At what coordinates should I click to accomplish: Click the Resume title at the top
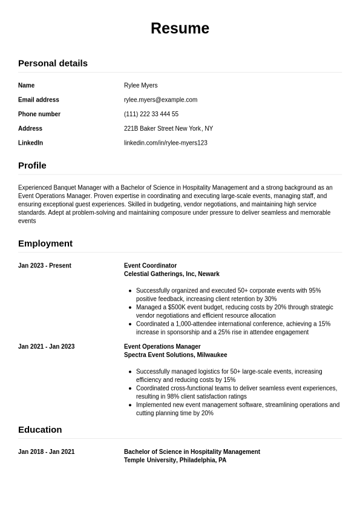coord(180,28)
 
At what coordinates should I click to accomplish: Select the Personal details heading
coord(53,63)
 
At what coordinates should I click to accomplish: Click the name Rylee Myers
coord(140,85)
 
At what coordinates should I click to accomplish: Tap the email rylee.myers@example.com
coord(160,100)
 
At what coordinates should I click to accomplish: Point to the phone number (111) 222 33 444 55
coord(151,114)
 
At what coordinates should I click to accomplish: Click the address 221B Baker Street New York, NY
coord(168,129)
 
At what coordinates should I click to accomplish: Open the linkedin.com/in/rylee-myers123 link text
coord(165,143)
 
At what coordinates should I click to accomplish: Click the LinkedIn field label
coord(30,143)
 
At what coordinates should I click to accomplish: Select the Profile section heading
coord(32,165)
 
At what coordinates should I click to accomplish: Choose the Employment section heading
coord(45,243)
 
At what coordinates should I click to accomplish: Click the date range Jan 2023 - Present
coord(45,266)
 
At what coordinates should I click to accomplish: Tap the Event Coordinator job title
coord(150,266)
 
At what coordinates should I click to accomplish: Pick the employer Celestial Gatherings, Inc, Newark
coord(171,274)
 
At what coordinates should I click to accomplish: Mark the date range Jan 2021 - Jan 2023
coord(46,347)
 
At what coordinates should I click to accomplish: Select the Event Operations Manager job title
coord(162,347)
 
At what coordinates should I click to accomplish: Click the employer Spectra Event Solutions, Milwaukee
coord(175,355)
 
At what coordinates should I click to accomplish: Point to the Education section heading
coord(40,430)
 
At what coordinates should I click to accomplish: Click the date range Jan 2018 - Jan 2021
coord(46,452)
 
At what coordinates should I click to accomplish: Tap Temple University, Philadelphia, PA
coord(175,461)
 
